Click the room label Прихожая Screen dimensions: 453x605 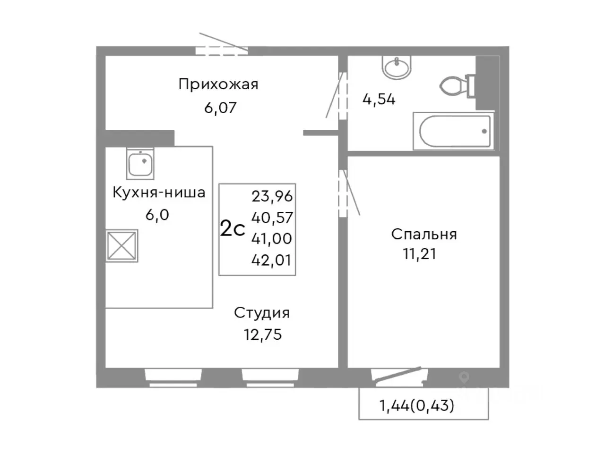click(218, 84)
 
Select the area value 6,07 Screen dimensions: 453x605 click(220, 108)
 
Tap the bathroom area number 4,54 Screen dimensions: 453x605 click(379, 100)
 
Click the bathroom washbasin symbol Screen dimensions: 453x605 click(397, 68)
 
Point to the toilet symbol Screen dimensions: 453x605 click(456, 85)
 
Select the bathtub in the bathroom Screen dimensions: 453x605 click(453, 131)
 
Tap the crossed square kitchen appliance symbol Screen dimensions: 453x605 click(122, 245)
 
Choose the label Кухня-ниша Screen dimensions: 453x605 click(158, 193)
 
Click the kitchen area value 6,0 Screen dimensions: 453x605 click(157, 215)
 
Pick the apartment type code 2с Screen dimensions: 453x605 click(233, 229)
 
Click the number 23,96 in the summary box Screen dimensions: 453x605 click(272, 196)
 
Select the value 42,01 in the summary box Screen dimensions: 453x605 click(272, 260)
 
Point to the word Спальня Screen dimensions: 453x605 click(423, 234)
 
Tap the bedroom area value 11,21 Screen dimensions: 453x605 click(419, 254)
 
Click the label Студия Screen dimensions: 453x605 click(262, 313)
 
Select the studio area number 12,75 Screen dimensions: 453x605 click(263, 335)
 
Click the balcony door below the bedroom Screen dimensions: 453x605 click(397, 373)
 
